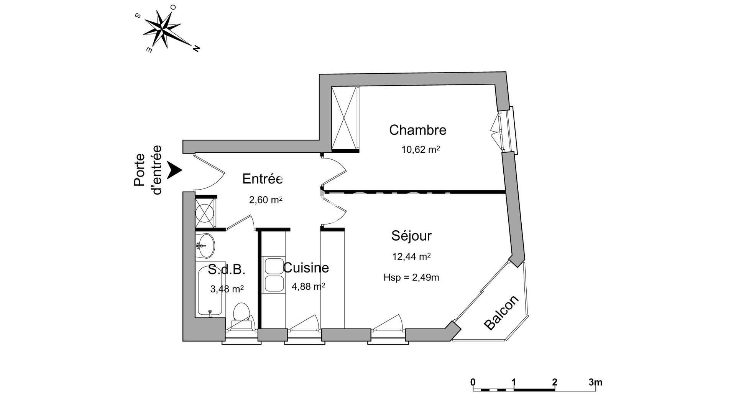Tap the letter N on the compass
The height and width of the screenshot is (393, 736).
pyautogui.click(x=196, y=48)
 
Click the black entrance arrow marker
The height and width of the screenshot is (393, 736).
pyautogui.click(x=175, y=170)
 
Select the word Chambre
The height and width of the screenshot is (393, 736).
pyautogui.click(x=418, y=130)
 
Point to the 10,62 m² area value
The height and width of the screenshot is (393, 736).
pyautogui.click(x=421, y=149)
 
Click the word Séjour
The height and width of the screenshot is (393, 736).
pyautogui.click(x=411, y=235)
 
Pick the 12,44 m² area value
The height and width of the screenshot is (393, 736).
pyautogui.click(x=411, y=256)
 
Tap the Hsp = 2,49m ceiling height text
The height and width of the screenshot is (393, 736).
pyautogui.click(x=411, y=277)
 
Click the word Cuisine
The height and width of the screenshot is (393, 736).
pyautogui.click(x=306, y=268)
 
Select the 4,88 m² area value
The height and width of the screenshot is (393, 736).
pyautogui.click(x=309, y=286)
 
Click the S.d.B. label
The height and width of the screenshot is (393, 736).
pyautogui.click(x=227, y=270)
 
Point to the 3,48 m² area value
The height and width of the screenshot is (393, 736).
pyautogui.click(x=227, y=289)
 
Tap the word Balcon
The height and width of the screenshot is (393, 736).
pyautogui.click(x=501, y=312)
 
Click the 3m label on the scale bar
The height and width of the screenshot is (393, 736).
pyautogui.click(x=595, y=382)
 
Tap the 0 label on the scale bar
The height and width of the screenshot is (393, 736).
pyautogui.click(x=473, y=382)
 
